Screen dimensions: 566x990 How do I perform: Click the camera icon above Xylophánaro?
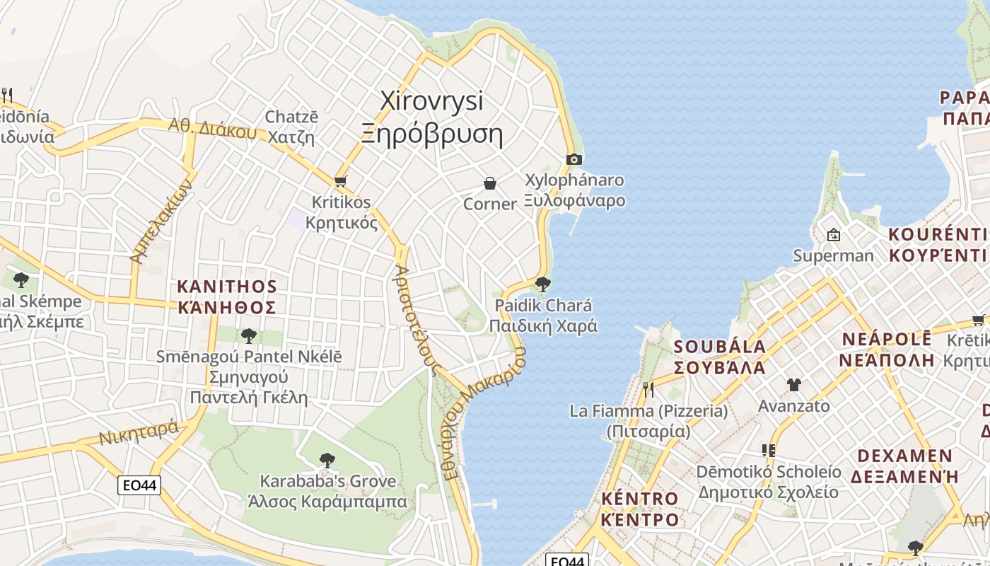(x=574, y=159)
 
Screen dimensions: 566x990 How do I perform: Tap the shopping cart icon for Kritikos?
(x=341, y=181)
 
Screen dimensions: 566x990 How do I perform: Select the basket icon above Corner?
(x=489, y=183)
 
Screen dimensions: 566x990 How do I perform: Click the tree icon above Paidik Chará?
(x=543, y=284)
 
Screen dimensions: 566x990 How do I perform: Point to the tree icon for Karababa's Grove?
(x=327, y=461)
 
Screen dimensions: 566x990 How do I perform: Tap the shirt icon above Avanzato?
(x=793, y=385)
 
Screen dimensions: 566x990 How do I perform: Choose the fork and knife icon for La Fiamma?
(x=648, y=388)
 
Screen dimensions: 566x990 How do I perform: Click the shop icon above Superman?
(x=834, y=235)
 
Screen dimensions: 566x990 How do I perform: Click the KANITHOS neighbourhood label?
(x=226, y=296)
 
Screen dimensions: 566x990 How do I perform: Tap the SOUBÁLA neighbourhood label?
(x=719, y=357)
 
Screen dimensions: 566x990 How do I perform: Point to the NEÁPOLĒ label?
(x=887, y=349)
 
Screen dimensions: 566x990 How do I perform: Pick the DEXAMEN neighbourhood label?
(x=904, y=465)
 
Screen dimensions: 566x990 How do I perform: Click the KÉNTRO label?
(x=639, y=509)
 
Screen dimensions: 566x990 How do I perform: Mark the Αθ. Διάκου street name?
(x=211, y=128)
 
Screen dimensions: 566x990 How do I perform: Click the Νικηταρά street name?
(x=139, y=432)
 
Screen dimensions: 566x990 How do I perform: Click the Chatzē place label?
(x=291, y=127)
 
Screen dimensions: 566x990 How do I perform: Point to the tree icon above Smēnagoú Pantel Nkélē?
(x=248, y=335)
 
